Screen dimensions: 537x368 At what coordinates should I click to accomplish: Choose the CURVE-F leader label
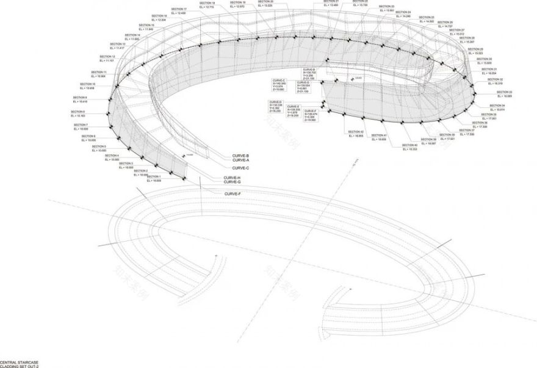(x=233, y=193)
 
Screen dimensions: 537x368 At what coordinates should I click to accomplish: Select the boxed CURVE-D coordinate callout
(x=276, y=106)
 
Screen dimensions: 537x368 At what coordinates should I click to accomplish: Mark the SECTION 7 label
(x=81, y=126)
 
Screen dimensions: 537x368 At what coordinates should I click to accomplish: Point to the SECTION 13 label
(x=118, y=45)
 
